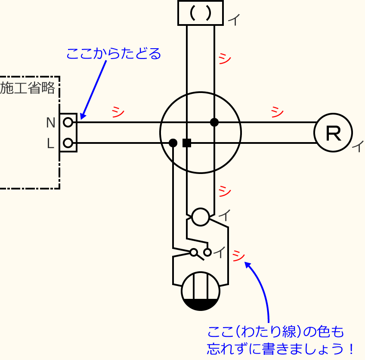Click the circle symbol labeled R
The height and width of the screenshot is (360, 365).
tap(333, 133)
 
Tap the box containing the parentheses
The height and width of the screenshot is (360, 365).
tap(200, 13)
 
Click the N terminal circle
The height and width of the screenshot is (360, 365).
tap(68, 123)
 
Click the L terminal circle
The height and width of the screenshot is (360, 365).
tap(68, 143)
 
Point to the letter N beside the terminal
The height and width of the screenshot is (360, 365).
tap(50, 123)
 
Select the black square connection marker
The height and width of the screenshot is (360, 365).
tap(187, 143)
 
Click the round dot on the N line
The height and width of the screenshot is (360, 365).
tap(214, 122)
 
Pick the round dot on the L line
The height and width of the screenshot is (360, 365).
tap(173, 143)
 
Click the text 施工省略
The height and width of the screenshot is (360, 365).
tap(28, 88)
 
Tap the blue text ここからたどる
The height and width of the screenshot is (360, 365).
tap(113, 54)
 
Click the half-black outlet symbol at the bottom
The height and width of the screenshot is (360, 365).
tap(201, 292)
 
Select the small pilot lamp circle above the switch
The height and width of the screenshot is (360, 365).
tap(200, 217)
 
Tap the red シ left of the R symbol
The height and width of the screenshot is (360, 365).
tap(277, 112)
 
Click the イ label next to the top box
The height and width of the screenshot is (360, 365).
tap(234, 20)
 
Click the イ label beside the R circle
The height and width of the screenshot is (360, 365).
tap(357, 147)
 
